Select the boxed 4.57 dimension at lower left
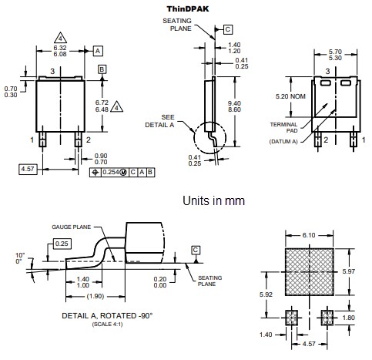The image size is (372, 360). click(x=27, y=167)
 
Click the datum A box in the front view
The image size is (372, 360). click(x=98, y=51)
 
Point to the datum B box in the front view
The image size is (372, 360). click(x=102, y=69)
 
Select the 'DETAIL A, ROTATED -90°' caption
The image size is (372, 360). click(x=99, y=316)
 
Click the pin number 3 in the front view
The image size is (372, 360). click(x=53, y=71)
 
